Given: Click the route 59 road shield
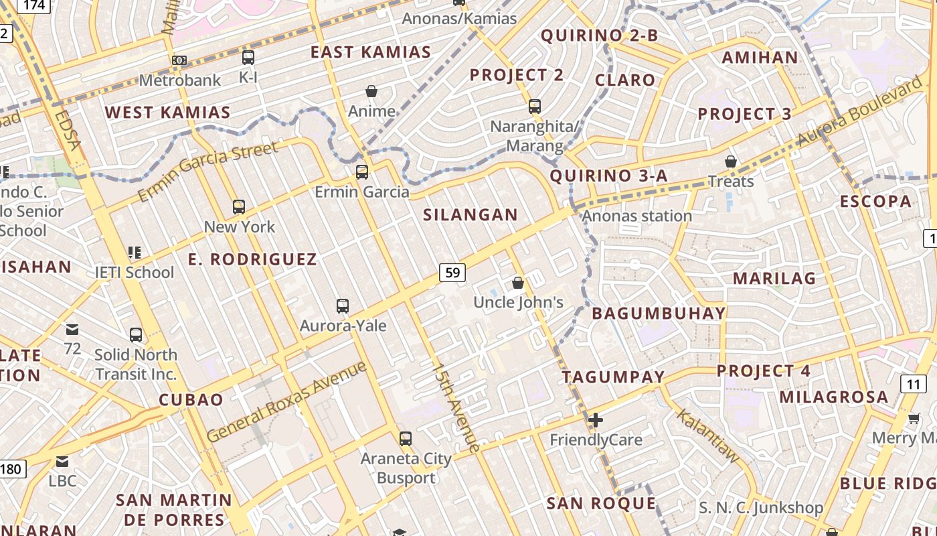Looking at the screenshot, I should click(452, 272).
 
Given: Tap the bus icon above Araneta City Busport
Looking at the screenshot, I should click(405, 439).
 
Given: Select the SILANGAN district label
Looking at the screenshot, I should click(471, 215).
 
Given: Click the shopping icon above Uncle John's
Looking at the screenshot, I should click(517, 283).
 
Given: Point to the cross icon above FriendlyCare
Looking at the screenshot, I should click(595, 420).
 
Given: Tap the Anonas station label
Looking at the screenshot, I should click(636, 216).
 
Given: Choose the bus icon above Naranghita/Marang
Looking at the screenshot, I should click(534, 106).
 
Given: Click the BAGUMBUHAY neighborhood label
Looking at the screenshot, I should click(659, 313).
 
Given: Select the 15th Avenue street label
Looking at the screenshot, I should click(456, 407).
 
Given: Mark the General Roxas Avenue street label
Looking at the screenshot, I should click(287, 401).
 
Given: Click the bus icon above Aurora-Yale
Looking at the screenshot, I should click(343, 306).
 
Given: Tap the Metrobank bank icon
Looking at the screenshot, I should click(179, 60).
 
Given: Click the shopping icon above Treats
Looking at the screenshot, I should click(730, 161).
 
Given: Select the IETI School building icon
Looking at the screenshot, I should click(134, 253).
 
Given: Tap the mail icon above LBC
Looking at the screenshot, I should click(62, 461).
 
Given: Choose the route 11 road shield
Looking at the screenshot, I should click(914, 384).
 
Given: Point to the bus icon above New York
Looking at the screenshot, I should click(239, 206).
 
